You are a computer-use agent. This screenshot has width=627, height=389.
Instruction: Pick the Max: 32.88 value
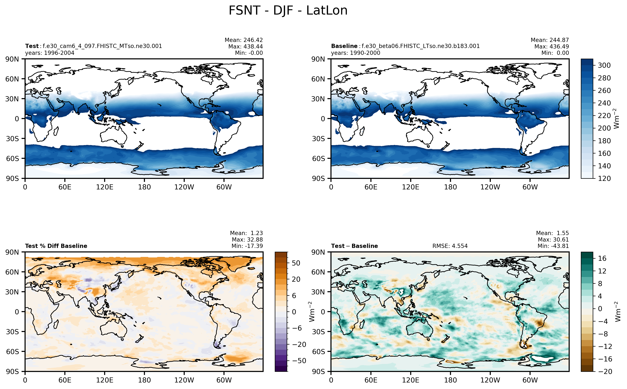tap(247, 240)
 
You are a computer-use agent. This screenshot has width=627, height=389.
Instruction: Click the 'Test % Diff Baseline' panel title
tap(56, 246)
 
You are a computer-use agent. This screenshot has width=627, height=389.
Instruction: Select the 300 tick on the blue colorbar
tap(604, 65)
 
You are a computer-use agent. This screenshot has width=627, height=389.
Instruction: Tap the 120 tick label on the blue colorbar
tap(604, 178)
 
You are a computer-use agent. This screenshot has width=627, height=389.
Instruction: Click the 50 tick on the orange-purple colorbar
tap(296, 263)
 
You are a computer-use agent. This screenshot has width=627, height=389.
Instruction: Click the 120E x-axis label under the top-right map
tap(411, 187)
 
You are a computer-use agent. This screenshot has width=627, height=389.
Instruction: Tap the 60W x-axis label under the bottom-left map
tap(224, 380)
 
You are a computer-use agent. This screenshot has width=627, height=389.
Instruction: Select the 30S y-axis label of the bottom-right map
tap(318, 332)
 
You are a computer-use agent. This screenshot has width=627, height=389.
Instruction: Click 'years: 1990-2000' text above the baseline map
tap(355, 53)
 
